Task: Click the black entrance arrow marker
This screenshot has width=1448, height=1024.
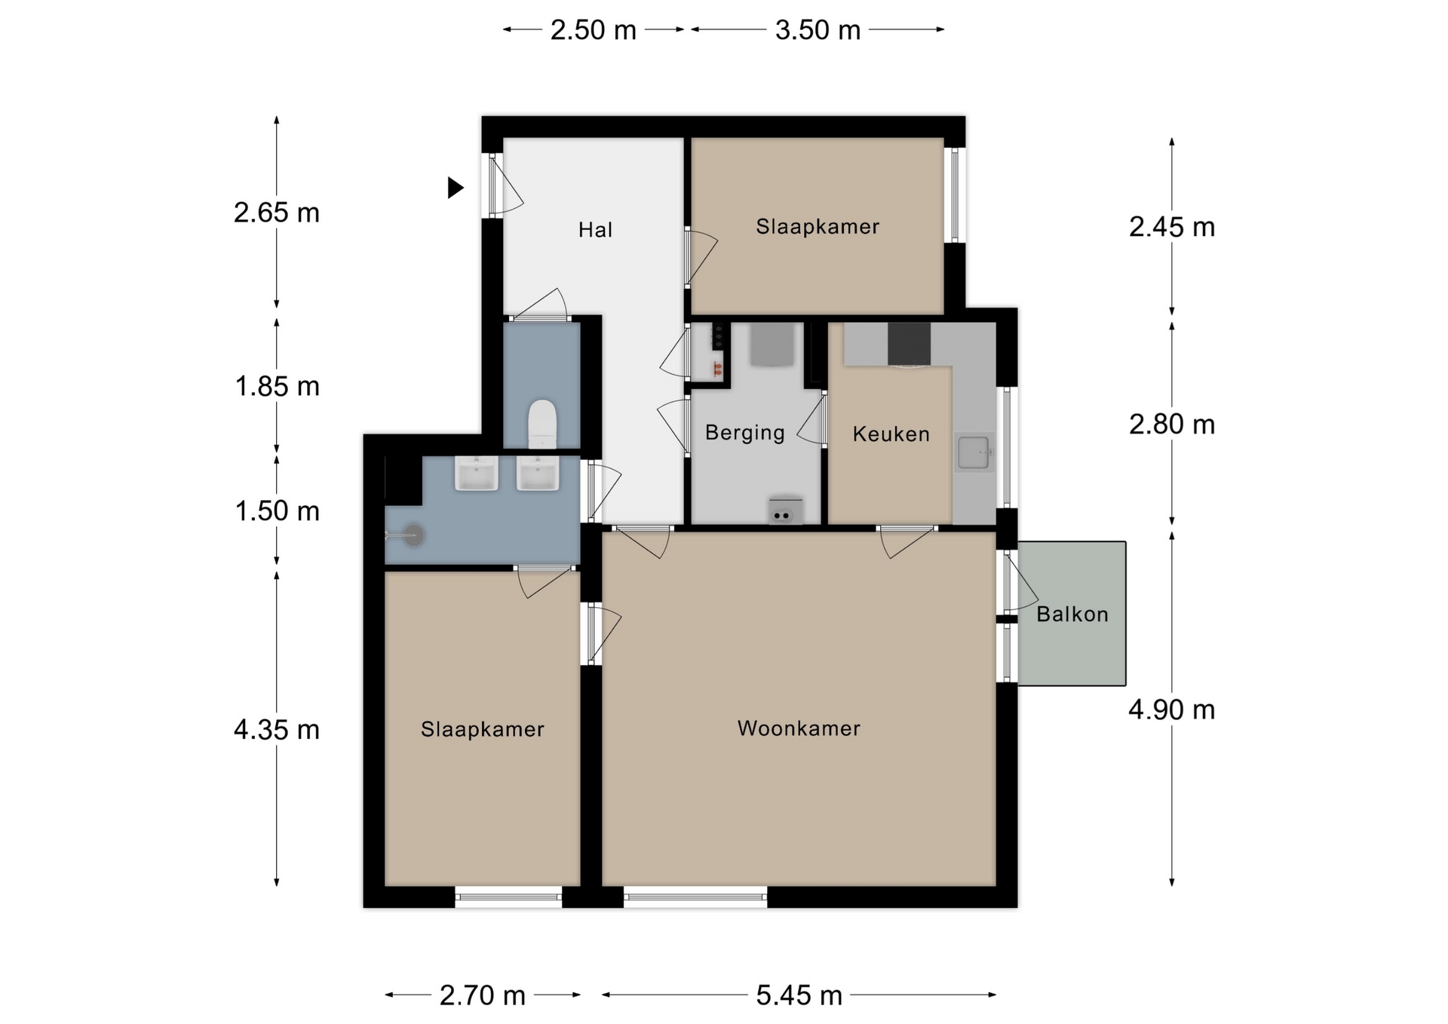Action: coord(455,187)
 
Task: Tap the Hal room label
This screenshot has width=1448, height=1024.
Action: coord(595,230)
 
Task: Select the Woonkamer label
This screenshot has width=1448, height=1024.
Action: coord(799,728)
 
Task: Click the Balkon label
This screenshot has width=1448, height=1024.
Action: coord(1072,615)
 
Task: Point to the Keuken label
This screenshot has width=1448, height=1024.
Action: coord(891,434)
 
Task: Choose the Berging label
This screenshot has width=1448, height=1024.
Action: coord(745,433)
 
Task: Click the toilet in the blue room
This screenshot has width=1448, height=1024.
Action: coord(542,424)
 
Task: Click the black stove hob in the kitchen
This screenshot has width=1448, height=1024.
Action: coord(909,344)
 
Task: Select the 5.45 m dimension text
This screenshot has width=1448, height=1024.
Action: coord(799,995)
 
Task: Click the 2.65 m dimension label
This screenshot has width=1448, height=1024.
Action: coord(277,213)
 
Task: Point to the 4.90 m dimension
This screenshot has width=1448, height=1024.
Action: coord(1171,710)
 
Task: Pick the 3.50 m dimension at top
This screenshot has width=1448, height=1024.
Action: coord(818,30)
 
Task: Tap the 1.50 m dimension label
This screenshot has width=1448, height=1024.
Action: coord(277,511)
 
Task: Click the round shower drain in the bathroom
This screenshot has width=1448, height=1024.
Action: coord(413,535)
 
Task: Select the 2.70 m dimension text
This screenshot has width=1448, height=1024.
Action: coord(483,995)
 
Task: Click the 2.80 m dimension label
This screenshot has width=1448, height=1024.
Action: coord(1171,425)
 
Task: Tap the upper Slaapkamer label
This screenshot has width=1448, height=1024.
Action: coord(818,227)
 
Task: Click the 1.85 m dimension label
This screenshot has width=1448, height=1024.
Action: coord(277,387)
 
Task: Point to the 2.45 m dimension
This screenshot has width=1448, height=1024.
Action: coord(1171,227)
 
